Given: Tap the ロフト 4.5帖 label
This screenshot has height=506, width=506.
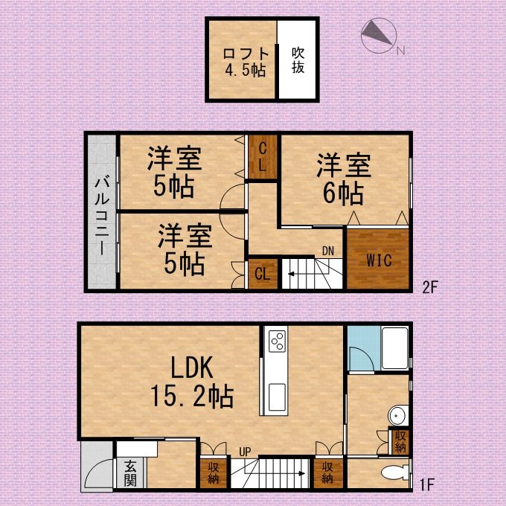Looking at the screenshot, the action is pyautogui.click(x=246, y=62).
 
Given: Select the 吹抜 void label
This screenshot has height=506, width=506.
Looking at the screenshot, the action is pyautogui.click(x=298, y=60).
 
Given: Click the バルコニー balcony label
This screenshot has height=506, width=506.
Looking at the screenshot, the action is pyautogui.click(x=102, y=216).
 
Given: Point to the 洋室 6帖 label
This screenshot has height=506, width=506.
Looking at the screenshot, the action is pyautogui.click(x=344, y=179).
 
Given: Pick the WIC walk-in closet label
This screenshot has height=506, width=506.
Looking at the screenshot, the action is pyautogui.click(x=379, y=260).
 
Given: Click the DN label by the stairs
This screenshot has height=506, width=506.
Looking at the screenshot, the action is pyautogui.click(x=328, y=251).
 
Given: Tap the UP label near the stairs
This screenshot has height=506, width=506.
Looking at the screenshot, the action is pyautogui.click(x=245, y=452).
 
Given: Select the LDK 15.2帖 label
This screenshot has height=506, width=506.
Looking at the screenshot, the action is pyautogui.click(x=192, y=382).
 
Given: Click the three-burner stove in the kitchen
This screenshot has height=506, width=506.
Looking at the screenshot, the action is pyautogui.click(x=278, y=341).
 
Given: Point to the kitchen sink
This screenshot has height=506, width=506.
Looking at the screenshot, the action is pyautogui.click(x=277, y=392).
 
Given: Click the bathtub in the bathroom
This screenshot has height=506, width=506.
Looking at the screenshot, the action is pyautogui.click(x=395, y=348).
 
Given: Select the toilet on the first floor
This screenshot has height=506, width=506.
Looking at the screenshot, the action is pyautogui.click(x=394, y=473).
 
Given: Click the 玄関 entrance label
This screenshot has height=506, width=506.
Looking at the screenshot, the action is pyautogui.click(x=130, y=474).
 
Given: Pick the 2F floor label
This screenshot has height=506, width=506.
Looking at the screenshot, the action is pyautogui.click(x=430, y=287).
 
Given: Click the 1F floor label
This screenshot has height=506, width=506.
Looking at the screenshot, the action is pyautogui.click(x=426, y=485).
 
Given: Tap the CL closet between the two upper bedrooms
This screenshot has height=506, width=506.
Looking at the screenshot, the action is pyautogui.click(x=263, y=157).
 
